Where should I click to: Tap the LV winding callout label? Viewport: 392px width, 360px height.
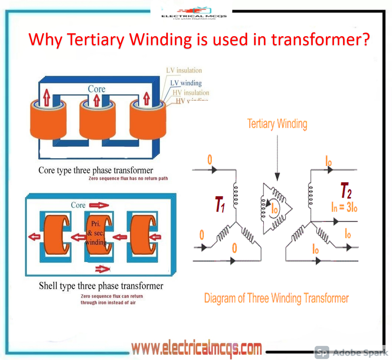pos(186,83)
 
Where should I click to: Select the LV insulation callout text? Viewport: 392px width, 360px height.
pos(184,70)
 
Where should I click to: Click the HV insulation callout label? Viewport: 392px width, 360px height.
pos(191,93)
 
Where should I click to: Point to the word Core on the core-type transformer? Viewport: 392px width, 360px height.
pos(96,89)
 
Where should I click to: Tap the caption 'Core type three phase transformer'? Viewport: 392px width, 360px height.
pos(96,170)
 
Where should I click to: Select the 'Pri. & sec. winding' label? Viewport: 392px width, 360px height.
pos(95,233)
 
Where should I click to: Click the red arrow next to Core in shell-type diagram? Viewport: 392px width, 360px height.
pos(99,205)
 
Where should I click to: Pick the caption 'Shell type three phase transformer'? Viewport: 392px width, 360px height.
pos(101,286)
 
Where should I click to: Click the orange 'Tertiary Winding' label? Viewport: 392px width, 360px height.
pos(277,124)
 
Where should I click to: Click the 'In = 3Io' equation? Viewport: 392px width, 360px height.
pos(344,207)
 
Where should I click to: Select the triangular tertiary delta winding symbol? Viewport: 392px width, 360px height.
pos(275,208)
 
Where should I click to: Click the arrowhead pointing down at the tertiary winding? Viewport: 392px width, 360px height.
pos(277,176)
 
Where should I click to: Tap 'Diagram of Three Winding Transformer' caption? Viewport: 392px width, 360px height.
pos(276,298)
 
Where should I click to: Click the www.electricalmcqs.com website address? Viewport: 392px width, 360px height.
pos(197,348)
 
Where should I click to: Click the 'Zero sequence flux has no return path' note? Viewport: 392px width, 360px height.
pos(128,179)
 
